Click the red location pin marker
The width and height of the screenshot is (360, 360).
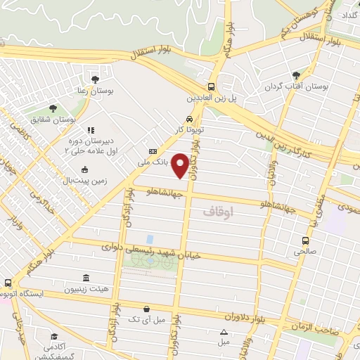pos(181,165)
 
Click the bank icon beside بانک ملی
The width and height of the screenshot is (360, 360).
pos(153,151)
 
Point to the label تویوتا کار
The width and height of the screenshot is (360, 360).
pos(191,131)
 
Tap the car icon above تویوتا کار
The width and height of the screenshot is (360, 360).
pos(190,119)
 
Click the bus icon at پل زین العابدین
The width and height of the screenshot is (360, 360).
pos(212,87)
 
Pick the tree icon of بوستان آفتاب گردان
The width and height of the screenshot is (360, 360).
pos(295,74)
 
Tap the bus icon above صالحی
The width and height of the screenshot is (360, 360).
pos(304,239)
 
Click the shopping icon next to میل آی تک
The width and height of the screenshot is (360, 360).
pos(146,309)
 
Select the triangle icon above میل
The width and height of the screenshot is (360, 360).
pos(224,332)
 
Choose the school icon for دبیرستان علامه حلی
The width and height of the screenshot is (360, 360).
pos(90,130)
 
